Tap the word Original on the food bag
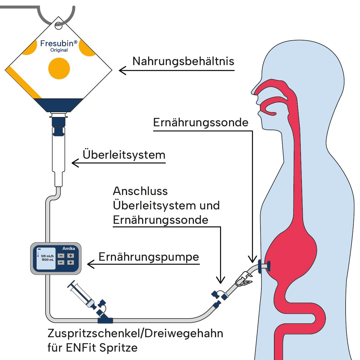point(59,50)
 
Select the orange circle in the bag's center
point(59,68)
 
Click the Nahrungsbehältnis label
point(183,61)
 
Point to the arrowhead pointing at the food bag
point(120,70)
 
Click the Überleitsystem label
point(124,155)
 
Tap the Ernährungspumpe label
point(149,257)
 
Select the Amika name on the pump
point(69,248)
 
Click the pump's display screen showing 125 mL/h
point(46,258)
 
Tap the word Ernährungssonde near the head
point(201,122)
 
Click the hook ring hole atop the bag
point(59,25)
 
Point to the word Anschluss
point(140,191)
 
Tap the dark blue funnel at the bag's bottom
point(58,105)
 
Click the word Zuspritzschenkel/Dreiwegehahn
point(135,333)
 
